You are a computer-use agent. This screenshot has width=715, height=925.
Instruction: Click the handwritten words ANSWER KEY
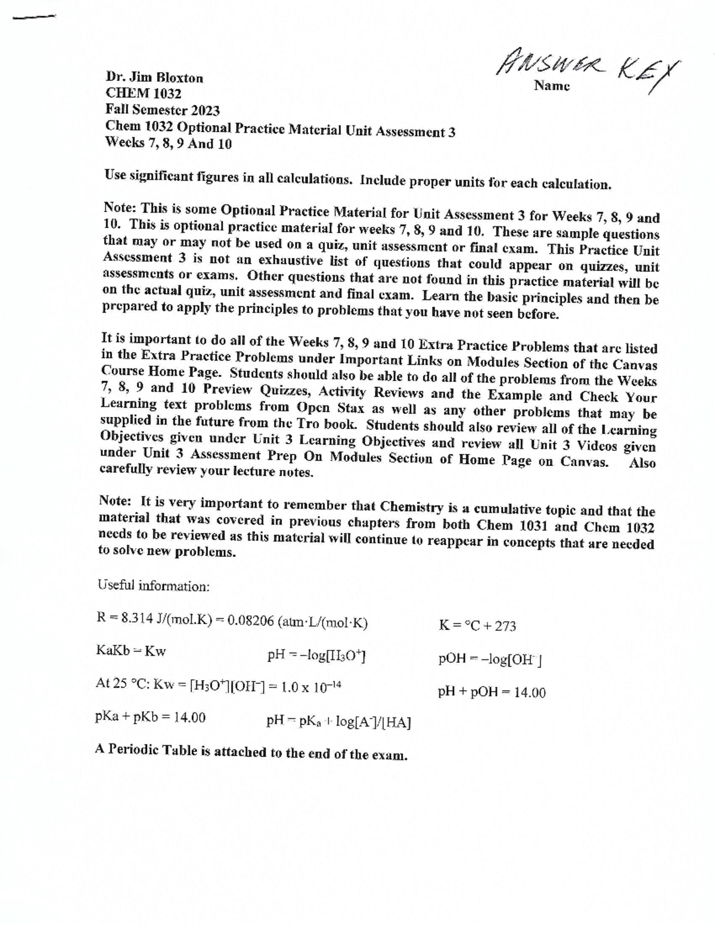coord(587,68)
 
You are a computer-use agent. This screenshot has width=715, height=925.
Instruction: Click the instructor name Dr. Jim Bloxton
coord(154,77)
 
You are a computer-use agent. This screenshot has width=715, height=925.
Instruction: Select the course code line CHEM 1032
coord(143,94)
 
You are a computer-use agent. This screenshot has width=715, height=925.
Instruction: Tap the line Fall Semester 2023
coord(162,110)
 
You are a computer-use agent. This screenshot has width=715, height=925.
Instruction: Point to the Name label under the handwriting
coord(552,86)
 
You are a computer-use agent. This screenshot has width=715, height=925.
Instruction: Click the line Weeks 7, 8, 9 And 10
coord(168,143)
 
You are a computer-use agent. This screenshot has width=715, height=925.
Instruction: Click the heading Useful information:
coord(153,585)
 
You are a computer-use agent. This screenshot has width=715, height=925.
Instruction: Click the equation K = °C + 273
coord(477,625)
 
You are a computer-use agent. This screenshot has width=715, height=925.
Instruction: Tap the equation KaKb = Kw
coord(130,650)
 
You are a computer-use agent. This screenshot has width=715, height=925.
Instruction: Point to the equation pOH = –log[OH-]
coord(489,659)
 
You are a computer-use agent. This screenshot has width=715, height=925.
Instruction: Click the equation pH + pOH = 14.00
coord(492,692)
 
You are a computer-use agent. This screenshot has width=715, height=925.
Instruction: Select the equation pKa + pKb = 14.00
coord(150,717)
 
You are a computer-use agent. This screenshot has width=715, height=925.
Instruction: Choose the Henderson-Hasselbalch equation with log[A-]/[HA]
coord(338,722)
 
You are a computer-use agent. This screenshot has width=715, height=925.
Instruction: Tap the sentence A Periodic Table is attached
coord(251,752)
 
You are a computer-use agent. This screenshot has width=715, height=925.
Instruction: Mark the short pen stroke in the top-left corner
coord(33,17)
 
